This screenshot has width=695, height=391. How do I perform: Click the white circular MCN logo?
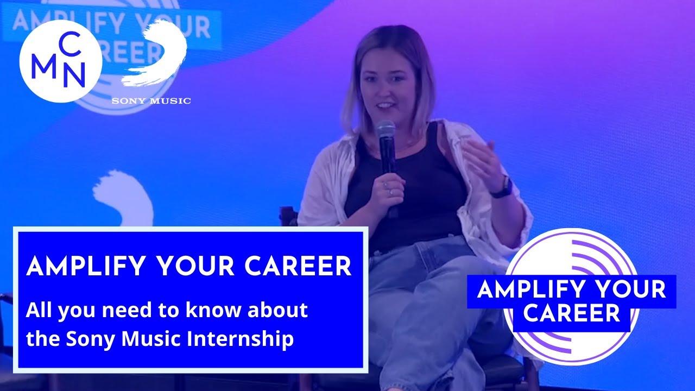[x=60, y=61]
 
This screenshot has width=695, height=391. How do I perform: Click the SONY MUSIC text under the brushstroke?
[x=151, y=100]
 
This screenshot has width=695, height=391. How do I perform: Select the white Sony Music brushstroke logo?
[x=157, y=54]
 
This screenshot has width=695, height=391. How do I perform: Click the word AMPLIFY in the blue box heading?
[x=85, y=266]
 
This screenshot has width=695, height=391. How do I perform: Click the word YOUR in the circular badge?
[x=631, y=289]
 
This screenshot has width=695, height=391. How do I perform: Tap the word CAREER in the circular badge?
[x=571, y=313]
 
